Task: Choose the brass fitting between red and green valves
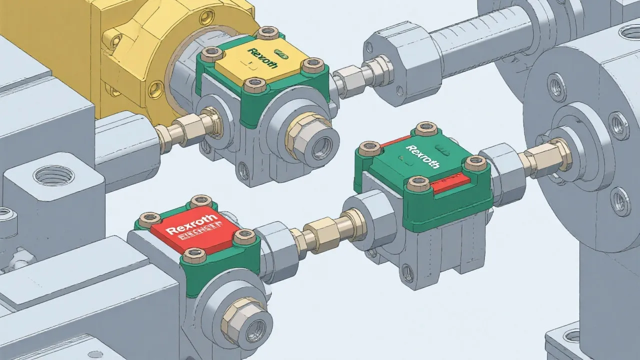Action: pyautogui.click(x=325, y=231)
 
